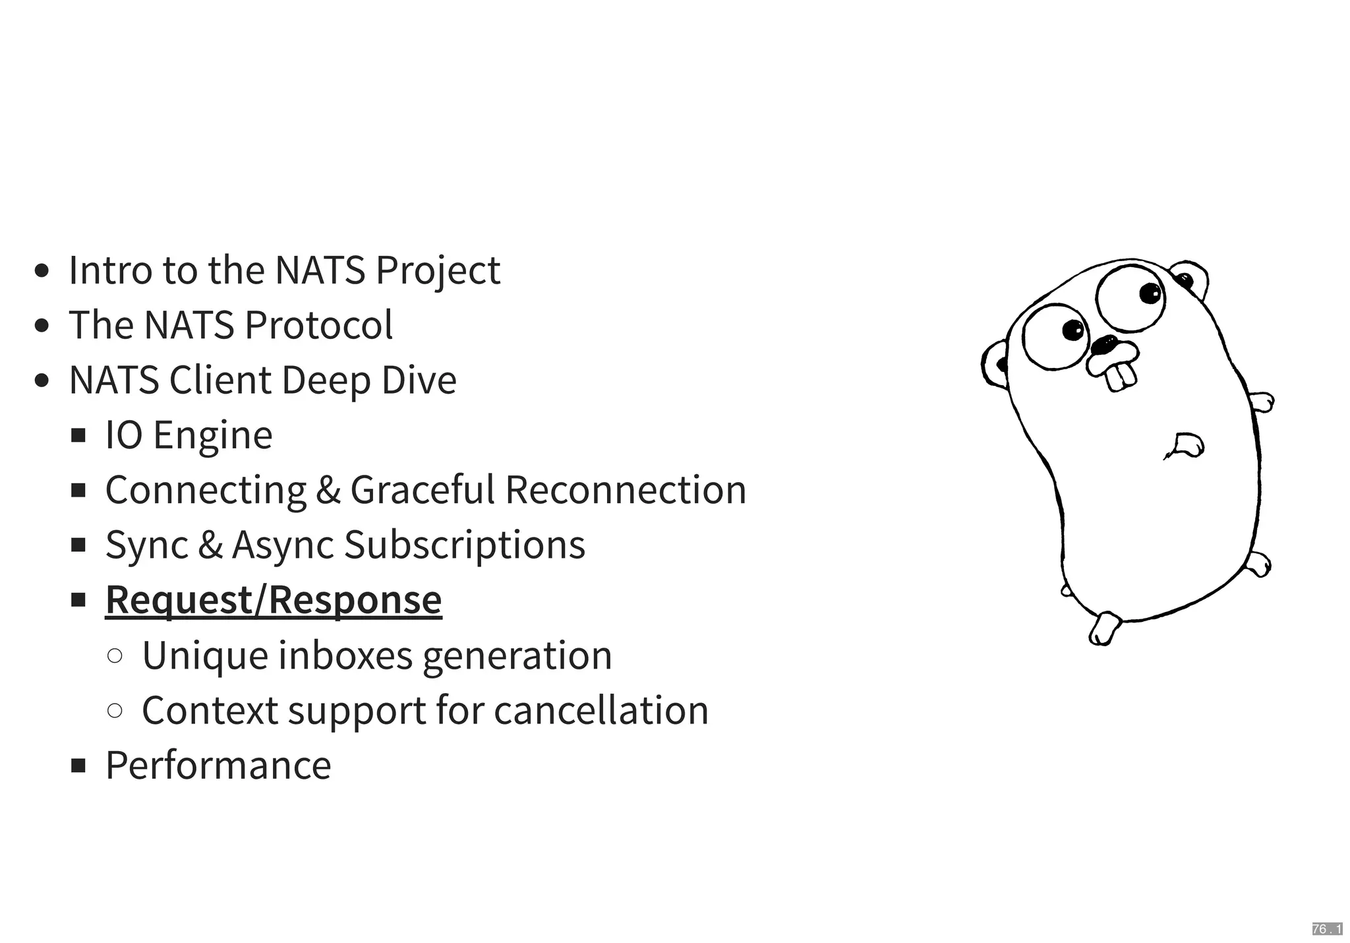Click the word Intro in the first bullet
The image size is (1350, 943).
pos(110,270)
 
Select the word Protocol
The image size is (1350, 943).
pos(318,325)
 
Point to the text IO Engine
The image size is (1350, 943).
pos(189,435)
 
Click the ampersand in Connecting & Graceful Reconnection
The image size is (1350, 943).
pos(328,490)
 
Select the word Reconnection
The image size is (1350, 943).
pos(626,490)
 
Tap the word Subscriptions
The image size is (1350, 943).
pos(465,545)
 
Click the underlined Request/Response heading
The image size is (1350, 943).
pos(274,599)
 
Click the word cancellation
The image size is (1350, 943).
pos(601,710)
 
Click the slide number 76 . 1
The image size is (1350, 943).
pos(1327,929)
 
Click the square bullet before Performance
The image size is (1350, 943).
pos(79,765)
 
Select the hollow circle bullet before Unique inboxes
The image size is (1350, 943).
pos(115,655)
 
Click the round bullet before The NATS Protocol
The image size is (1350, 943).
pos(42,325)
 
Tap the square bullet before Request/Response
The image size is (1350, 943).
pos(79,599)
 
